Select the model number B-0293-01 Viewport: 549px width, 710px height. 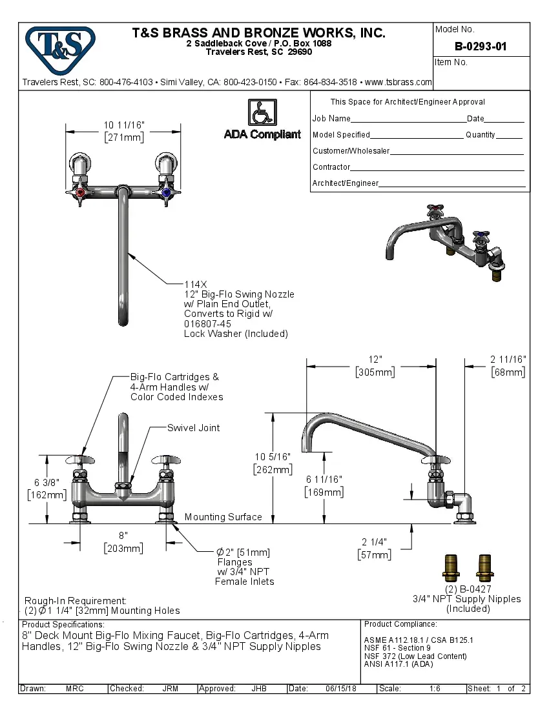pyautogui.click(x=481, y=46)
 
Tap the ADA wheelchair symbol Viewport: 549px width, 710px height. pyautogui.click(x=262, y=113)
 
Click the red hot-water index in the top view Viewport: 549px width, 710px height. pyautogui.click(x=80, y=192)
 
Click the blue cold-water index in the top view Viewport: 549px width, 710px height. pyautogui.click(x=167, y=192)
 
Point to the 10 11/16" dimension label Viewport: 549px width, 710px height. pyautogui.click(x=124, y=125)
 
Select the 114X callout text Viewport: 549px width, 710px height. pyautogui.click(x=195, y=283)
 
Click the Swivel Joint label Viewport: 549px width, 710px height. pyautogui.click(x=193, y=428)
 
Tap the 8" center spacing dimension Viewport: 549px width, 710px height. pyautogui.click(x=123, y=535)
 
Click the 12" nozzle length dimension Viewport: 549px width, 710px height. pyautogui.click(x=375, y=359)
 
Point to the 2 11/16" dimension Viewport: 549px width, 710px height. pyautogui.click(x=508, y=359)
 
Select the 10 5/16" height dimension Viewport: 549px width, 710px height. pyautogui.click(x=273, y=456)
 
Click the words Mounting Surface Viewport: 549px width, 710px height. pyautogui.click(x=223, y=517)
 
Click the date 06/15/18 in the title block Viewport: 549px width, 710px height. pyautogui.click(x=341, y=689)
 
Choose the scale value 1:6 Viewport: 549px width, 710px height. pyautogui.click(x=435, y=689)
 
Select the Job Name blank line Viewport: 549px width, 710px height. pyautogui.click(x=408, y=120)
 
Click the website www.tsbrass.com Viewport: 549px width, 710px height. pyautogui.click(x=398, y=82)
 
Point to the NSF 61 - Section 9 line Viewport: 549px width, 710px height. pyautogui.click(x=397, y=648)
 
